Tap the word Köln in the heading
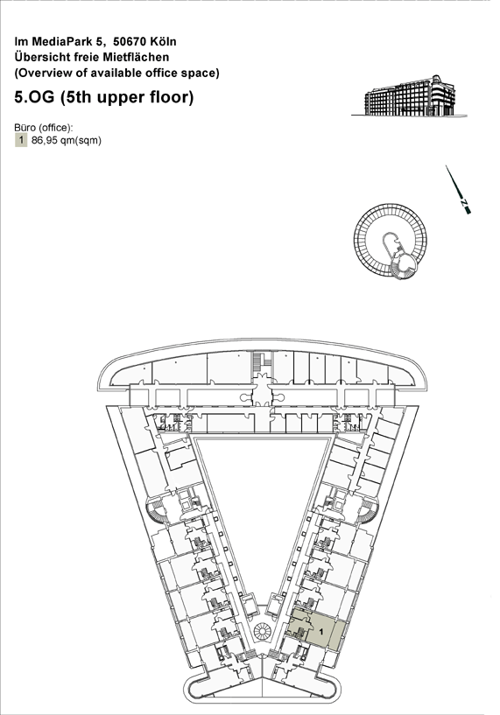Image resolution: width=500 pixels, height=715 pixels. pos(164,41)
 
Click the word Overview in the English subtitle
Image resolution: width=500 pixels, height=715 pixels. pos(41,73)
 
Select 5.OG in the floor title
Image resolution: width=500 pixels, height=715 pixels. pos(35,97)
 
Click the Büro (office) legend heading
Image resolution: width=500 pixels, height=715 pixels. pos(44,128)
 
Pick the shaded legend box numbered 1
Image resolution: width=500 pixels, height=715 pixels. pos(21,140)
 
